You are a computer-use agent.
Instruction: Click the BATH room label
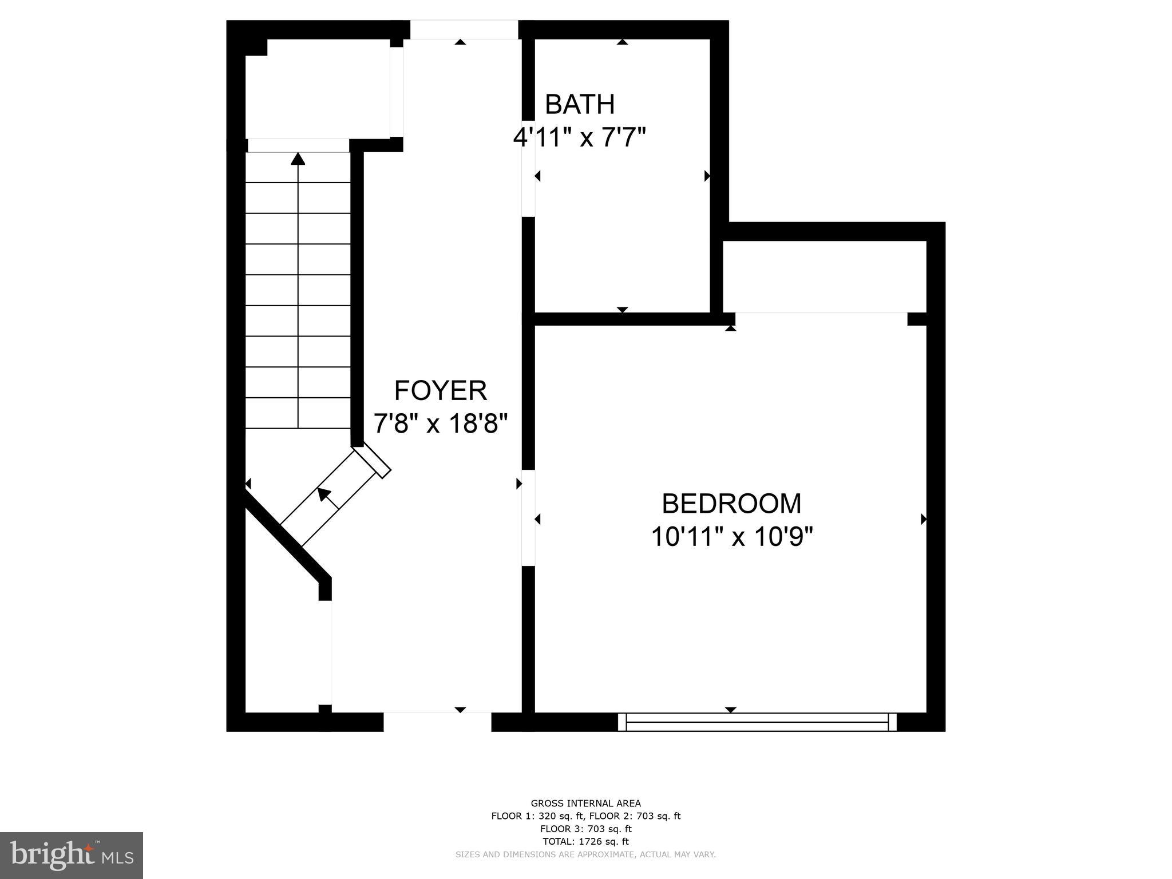click(x=580, y=104)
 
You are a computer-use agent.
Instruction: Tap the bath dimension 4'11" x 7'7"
click(x=580, y=137)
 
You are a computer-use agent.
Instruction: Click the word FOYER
click(x=441, y=391)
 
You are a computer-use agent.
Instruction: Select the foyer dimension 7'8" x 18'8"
click(x=441, y=424)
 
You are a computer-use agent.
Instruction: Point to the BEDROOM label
click(x=731, y=504)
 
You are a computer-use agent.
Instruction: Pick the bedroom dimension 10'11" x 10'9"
click(x=731, y=537)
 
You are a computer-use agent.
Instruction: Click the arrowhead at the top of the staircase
click(x=298, y=158)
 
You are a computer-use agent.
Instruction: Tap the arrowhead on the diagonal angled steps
click(x=324, y=494)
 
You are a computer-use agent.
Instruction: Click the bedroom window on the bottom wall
click(x=757, y=722)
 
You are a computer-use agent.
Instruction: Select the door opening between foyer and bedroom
click(x=528, y=518)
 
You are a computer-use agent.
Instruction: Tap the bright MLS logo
click(x=72, y=855)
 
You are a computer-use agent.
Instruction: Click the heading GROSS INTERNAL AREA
click(x=585, y=803)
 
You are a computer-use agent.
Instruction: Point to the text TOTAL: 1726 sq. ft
click(x=585, y=841)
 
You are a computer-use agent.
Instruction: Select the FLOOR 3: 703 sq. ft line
click(x=585, y=829)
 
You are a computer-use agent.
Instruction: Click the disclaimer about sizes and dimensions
click(x=585, y=854)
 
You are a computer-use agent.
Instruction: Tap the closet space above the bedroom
click(x=824, y=276)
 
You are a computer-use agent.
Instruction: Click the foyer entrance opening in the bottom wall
click(x=437, y=722)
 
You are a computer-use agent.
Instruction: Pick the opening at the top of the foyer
click(x=464, y=30)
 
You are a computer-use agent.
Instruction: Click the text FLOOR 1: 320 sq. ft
click(x=537, y=816)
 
